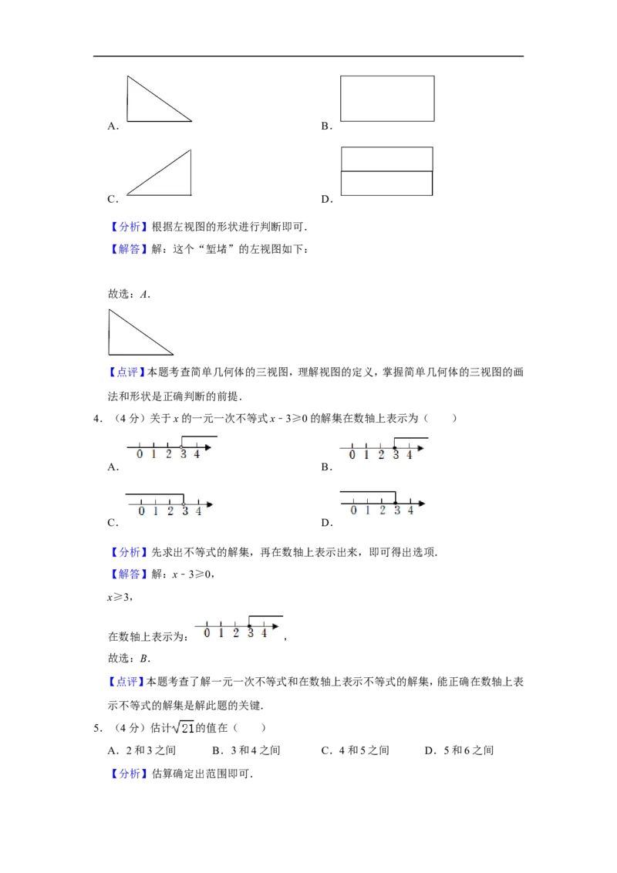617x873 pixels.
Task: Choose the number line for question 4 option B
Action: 383,447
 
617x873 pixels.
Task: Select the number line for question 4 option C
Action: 169,504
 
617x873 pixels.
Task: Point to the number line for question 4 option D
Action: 382,504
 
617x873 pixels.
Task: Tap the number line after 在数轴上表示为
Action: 238,626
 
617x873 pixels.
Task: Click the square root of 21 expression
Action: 184,728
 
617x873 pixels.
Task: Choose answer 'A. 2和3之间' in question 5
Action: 142,750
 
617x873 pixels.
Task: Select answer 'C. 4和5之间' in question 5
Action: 356,750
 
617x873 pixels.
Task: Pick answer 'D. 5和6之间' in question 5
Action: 460,750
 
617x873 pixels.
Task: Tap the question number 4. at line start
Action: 98,419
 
